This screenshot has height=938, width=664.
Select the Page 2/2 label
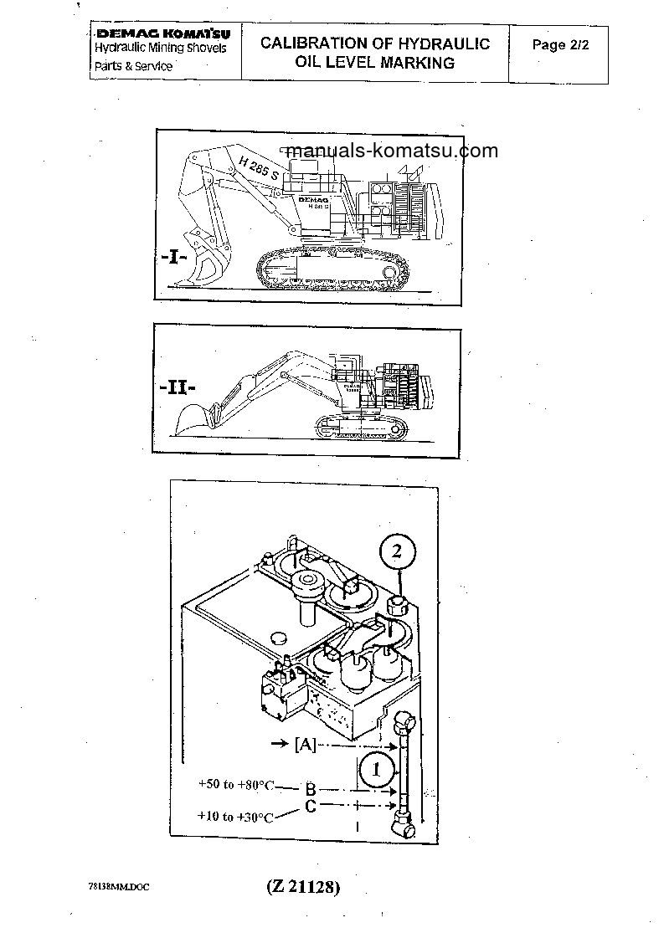(560, 46)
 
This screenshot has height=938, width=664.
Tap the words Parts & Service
(132, 65)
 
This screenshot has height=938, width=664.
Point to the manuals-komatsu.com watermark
(391, 151)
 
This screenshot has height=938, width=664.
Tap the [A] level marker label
(305, 743)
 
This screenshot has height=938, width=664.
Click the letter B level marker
(309, 788)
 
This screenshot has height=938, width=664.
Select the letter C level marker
(309, 807)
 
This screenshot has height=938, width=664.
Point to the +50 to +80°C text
(236, 785)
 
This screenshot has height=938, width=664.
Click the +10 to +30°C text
(235, 816)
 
